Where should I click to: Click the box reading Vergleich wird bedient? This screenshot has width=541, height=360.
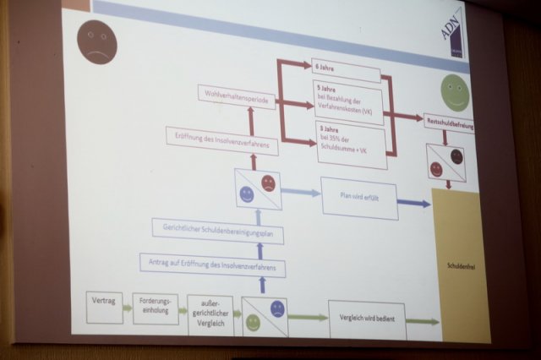click(x=367, y=319)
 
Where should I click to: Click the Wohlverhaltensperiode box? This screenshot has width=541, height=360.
click(x=235, y=95)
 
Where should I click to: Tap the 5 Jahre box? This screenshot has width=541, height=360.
click(x=347, y=101)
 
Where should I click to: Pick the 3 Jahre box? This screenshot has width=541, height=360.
click(x=349, y=138)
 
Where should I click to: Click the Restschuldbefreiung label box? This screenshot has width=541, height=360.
click(x=449, y=122)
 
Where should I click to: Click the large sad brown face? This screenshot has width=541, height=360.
click(x=95, y=41)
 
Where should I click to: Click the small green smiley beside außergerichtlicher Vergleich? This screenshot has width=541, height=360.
click(x=253, y=322)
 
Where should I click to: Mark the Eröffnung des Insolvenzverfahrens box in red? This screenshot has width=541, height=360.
click(x=221, y=138)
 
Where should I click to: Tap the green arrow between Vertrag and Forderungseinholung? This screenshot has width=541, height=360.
click(x=128, y=308)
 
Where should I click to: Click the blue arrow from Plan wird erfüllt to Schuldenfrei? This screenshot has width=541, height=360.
click(x=413, y=204)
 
